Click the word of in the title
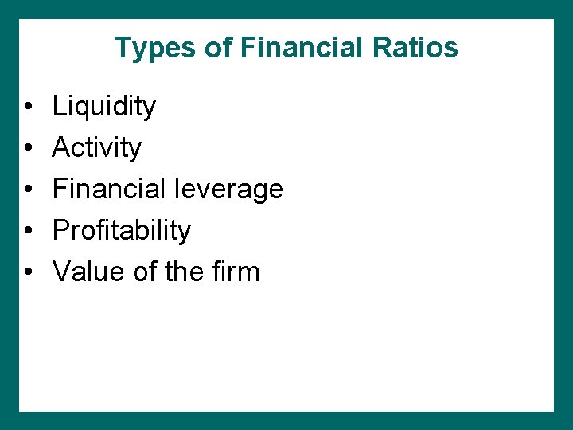coord(219,48)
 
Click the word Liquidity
coord(104,107)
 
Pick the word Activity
coord(97,148)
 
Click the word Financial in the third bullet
coord(107,189)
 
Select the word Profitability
coord(122,231)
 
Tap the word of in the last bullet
coord(146,272)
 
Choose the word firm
coord(236,272)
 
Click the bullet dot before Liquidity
coord(27,107)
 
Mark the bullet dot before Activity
coord(27,148)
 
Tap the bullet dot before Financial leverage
coord(27,190)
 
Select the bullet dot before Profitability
coord(27,231)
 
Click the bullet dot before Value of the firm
coord(27,272)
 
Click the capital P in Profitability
coord(61,230)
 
